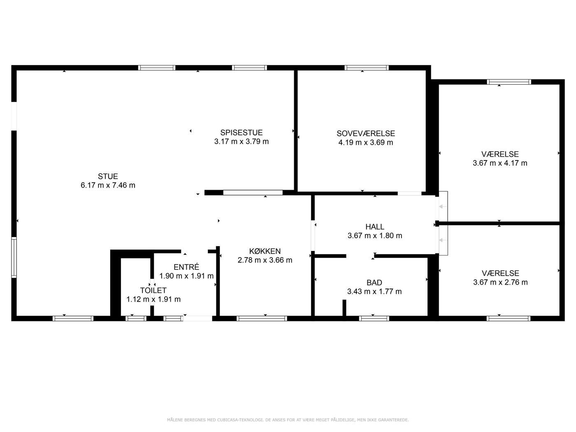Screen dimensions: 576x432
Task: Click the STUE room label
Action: click(108, 176)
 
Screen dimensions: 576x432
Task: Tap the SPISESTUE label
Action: click(242, 132)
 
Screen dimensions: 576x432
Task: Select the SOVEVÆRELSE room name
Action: click(366, 133)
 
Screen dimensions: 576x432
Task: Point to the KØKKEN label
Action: click(265, 251)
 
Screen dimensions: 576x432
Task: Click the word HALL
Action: click(375, 227)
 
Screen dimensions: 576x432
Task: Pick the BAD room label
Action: click(374, 283)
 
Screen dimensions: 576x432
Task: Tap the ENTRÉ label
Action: click(186, 267)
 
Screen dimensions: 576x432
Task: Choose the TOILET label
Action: click(153, 290)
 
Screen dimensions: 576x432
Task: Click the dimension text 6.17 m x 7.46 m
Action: click(108, 186)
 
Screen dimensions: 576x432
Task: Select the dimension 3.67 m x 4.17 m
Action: click(500, 163)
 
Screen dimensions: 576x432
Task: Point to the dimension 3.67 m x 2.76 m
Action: click(500, 282)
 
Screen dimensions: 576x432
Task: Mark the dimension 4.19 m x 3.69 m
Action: click(366, 143)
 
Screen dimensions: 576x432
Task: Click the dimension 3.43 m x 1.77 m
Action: click(374, 291)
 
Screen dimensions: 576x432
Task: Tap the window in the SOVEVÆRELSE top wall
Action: click(367, 67)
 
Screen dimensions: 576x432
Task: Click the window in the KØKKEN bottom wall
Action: click(262, 318)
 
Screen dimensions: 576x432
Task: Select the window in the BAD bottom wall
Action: click(374, 318)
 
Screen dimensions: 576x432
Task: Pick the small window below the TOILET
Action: click(136, 318)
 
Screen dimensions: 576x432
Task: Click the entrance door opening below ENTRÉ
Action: click(197, 318)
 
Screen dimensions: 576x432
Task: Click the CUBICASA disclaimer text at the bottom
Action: click(288, 420)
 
